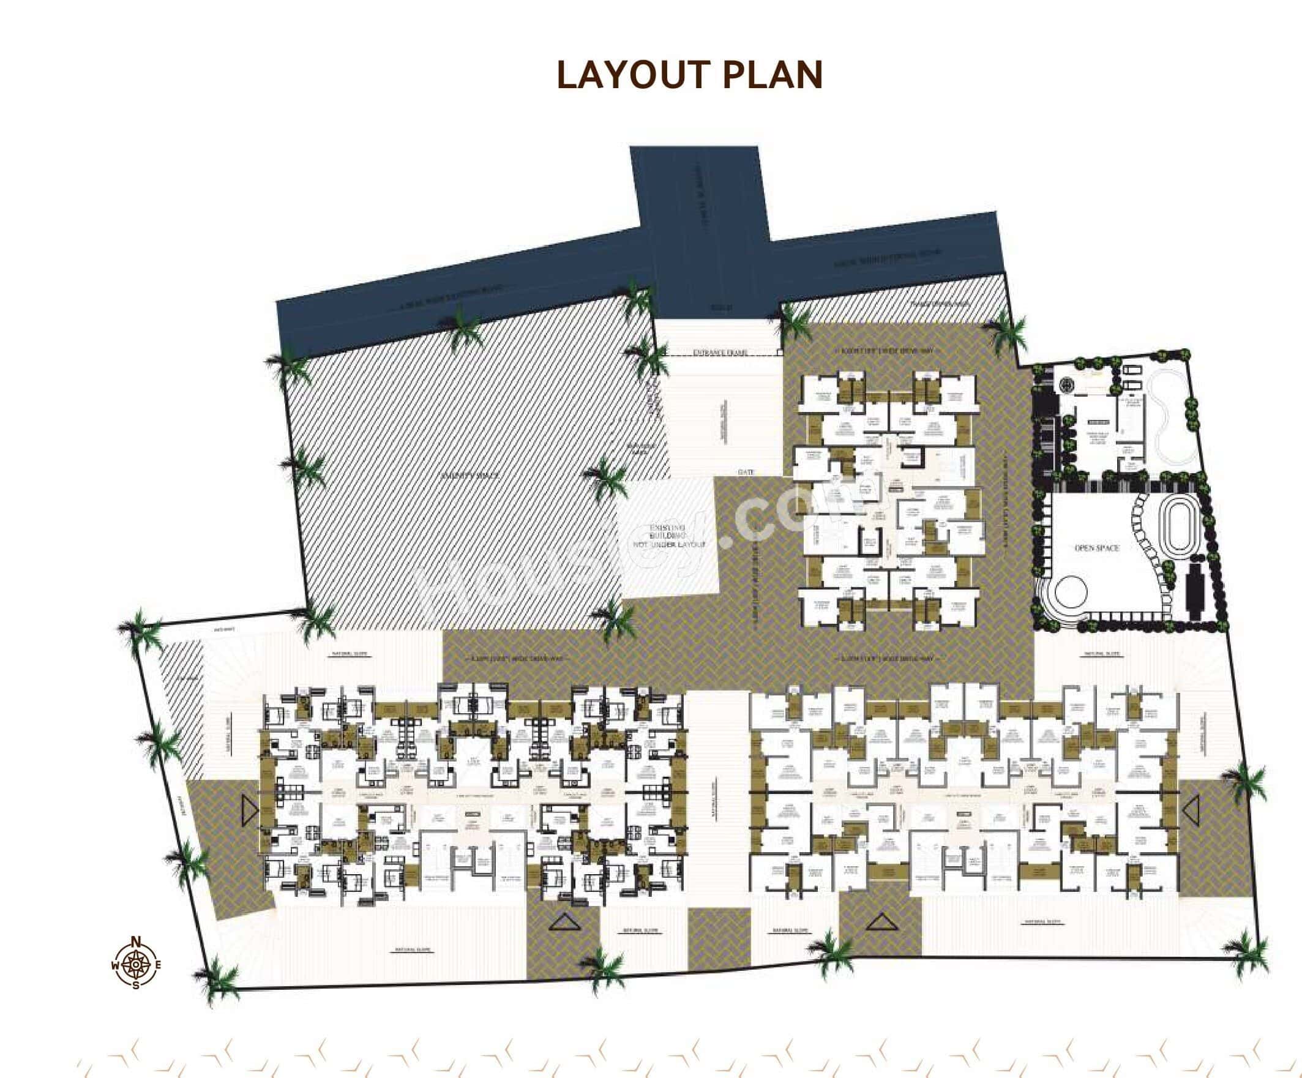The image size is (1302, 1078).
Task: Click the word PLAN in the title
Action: coord(773,76)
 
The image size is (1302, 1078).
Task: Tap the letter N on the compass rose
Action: coord(137,940)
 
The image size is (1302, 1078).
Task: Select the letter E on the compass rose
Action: coord(159,965)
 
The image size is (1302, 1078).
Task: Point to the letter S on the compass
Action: coord(136,985)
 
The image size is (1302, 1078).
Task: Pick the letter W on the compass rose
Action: coord(114,965)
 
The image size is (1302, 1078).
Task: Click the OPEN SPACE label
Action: coord(1097,548)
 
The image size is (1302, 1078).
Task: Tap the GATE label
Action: coord(746,473)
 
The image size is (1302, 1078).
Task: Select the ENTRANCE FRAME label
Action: coord(720,353)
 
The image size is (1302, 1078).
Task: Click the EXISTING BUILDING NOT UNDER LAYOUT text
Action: coord(668,536)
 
